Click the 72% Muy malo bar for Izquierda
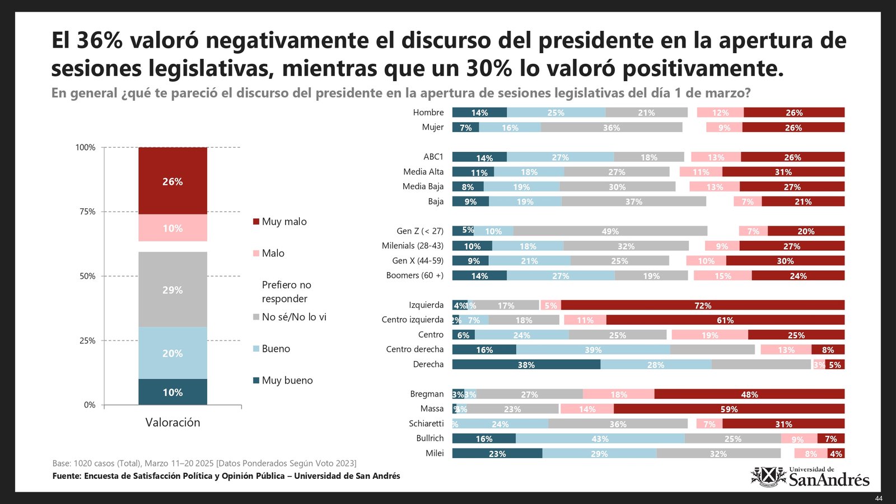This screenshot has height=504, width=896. coord(703,305)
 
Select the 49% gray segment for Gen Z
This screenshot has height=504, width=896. coord(610,231)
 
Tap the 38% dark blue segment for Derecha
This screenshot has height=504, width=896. coord(526,365)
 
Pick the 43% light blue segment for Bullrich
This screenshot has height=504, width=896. coord(600,438)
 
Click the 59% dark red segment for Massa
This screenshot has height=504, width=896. coord(729,409)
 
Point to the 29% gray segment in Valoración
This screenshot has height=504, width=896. coord(172,290)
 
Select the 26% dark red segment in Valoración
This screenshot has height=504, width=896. coord(172,181)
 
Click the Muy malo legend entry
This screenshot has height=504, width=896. coord(279,222)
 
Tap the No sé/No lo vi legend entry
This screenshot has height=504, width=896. coord(290,317)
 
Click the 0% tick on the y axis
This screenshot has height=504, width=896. coord(90,405)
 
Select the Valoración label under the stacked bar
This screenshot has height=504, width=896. coord(172,423)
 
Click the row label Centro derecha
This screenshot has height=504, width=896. coord(414,349)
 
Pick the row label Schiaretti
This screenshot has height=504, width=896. coord(426,424)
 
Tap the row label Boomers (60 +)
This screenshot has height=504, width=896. coord(414,276)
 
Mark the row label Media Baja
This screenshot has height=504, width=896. coord(423,186)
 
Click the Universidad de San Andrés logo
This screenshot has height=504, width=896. coord(810,477)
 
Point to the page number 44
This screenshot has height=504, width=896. coord(879,498)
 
